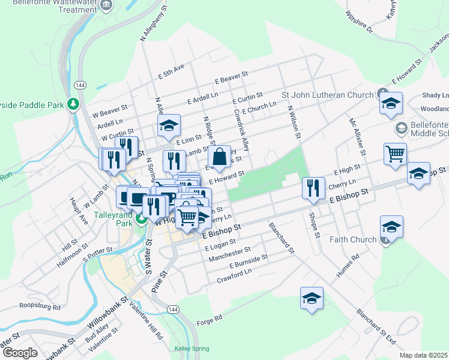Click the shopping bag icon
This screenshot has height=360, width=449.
[220, 157]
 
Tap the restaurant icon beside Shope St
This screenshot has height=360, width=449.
[312, 188]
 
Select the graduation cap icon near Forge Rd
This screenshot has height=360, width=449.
[312, 298]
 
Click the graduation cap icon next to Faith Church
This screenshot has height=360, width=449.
[391, 227]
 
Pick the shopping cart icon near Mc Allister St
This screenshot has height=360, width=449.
[395, 154]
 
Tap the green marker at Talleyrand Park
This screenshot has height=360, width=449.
[141, 218]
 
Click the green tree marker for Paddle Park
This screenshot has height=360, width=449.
[74, 104]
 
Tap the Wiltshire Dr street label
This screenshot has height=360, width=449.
[358, 22]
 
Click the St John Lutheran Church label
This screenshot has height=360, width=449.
[328, 95]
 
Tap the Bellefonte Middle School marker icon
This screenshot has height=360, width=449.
[400, 128]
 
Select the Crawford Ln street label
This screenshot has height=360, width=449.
[234, 276]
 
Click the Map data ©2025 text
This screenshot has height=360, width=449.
[423, 355]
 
